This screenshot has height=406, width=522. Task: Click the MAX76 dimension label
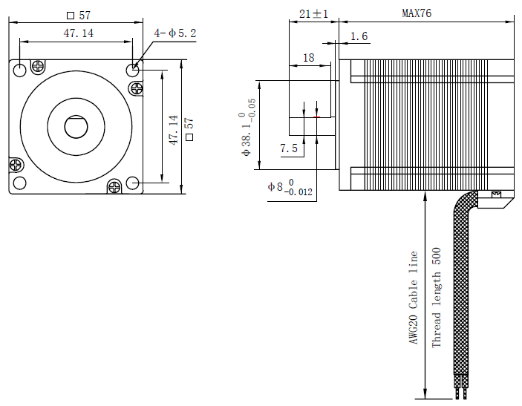[417, 13]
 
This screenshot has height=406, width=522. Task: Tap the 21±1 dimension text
[313, 13]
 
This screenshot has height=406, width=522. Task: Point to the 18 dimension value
[308, 57]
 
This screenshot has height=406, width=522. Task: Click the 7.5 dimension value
[288, 148]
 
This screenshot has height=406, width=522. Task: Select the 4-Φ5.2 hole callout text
[174, 33]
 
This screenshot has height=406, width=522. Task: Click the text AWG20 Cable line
[414, 297]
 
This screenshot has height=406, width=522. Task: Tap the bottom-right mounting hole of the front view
[133, 183]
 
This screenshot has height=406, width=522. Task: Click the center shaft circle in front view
[76, 127]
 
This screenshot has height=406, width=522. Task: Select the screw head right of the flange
[137, 89]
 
